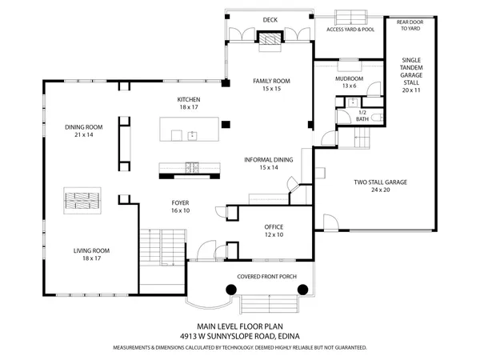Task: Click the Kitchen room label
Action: [x=189, y=103]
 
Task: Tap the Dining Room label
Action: [x=84, y=130]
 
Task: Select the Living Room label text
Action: [x=91, y=254]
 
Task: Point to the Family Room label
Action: [x=271, y=85]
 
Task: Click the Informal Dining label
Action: [x=268, y=164]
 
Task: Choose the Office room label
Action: [x=274, y=231]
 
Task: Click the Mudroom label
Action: [x=349, y=82]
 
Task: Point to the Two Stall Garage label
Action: [x=381, y=186]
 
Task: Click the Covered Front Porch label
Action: [x=266, y=277]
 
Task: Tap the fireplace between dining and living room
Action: [x=83, y=199]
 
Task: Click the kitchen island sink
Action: [x=192, y=135]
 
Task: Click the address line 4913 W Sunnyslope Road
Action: [x=239, y=337]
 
